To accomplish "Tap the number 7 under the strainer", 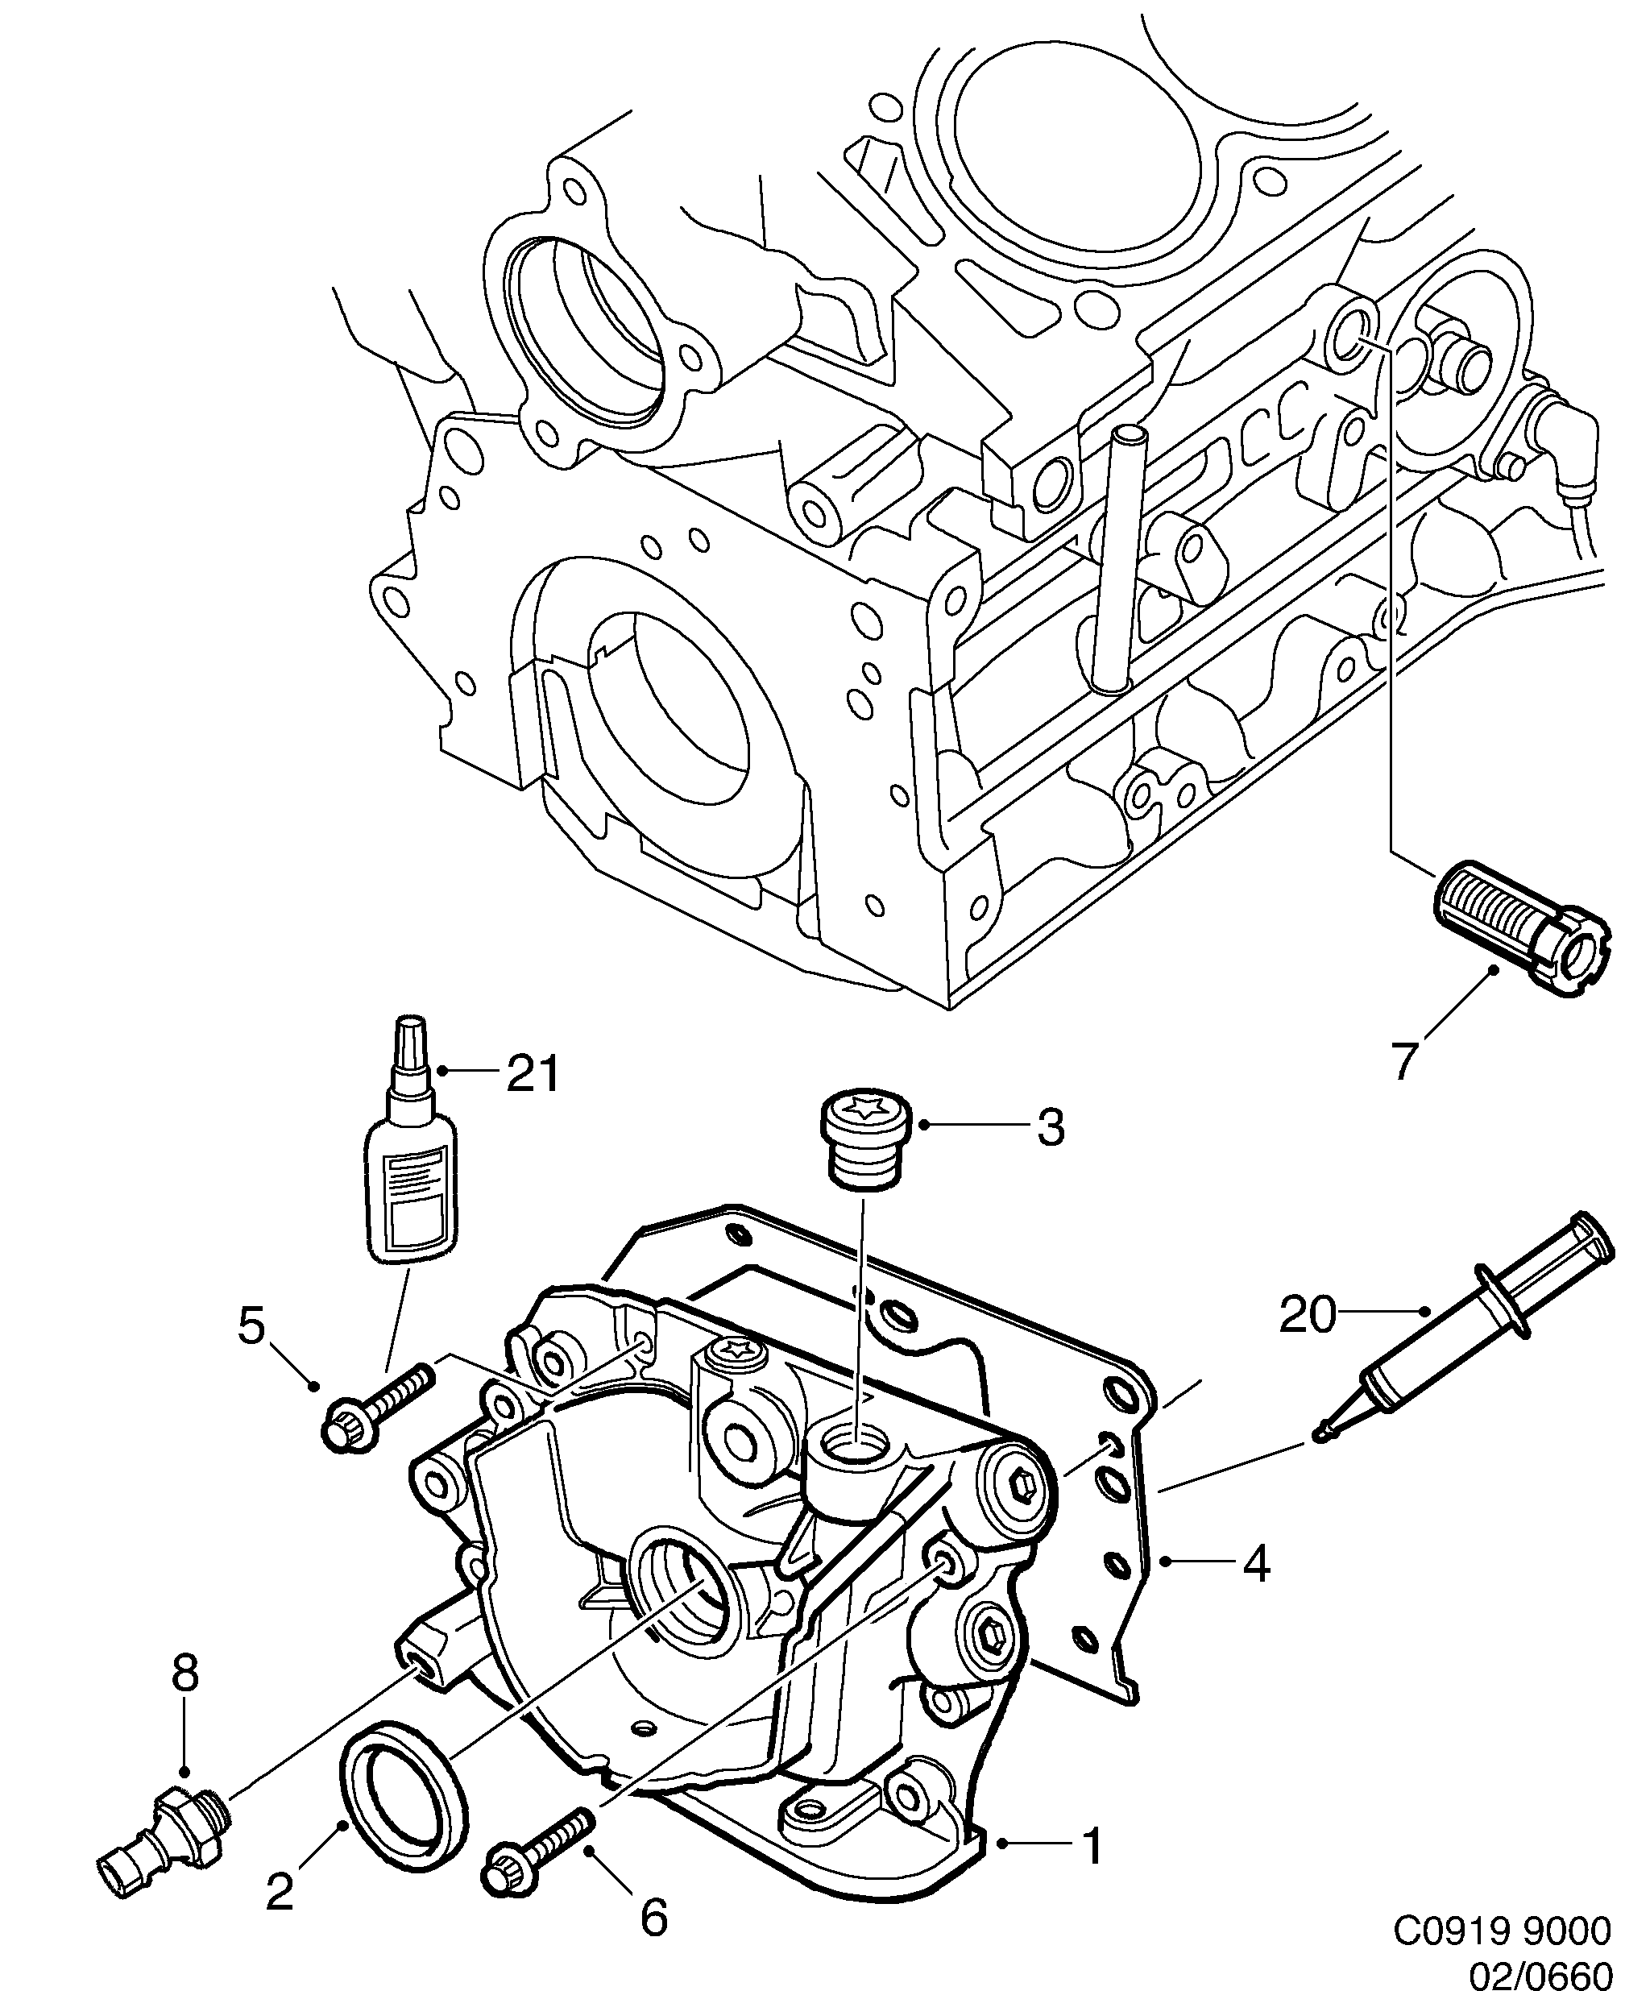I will coord(1401,1060).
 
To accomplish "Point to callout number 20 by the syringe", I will coord(1308,1315).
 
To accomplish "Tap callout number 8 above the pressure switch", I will coord(185,1674).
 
